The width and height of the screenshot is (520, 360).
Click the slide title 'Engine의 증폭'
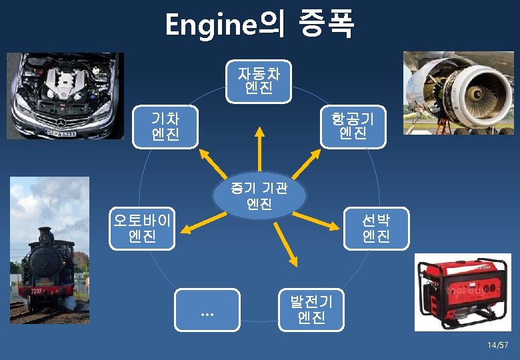coord(260,25)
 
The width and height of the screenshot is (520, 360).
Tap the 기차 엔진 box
coord(165,127)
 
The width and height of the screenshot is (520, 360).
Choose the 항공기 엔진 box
coord(353,127)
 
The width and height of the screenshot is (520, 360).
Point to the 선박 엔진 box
coord(376,228)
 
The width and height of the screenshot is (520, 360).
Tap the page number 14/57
coord(497,345)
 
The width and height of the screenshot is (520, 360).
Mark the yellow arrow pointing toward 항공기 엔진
coord(304,163)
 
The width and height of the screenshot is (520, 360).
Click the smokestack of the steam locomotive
coord(45,236)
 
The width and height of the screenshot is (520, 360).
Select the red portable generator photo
coord(461,291)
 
